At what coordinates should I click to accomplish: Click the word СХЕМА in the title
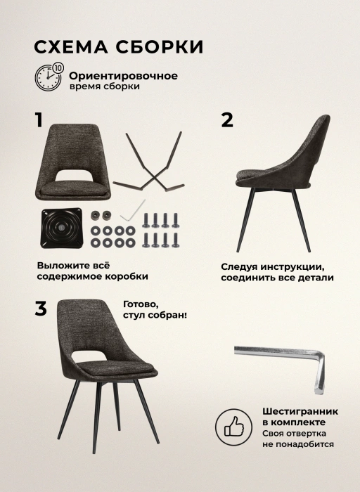click(70, 47)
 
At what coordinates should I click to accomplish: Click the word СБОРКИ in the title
click(160, 47)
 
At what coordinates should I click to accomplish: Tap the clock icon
click(48, 77)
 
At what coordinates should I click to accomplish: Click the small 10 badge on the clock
click(58, 67)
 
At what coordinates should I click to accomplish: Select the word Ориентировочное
click(123, 76)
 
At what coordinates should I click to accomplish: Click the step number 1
click(39, 120)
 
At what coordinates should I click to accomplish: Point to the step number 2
click(227, 120)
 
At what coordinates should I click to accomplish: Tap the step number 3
click(41, 309)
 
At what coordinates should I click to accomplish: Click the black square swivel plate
click(61, 228)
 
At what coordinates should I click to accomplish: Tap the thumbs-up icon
click(234, 427)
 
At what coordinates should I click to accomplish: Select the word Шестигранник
click(300, 411)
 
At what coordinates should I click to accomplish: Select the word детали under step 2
click(314, 278)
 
